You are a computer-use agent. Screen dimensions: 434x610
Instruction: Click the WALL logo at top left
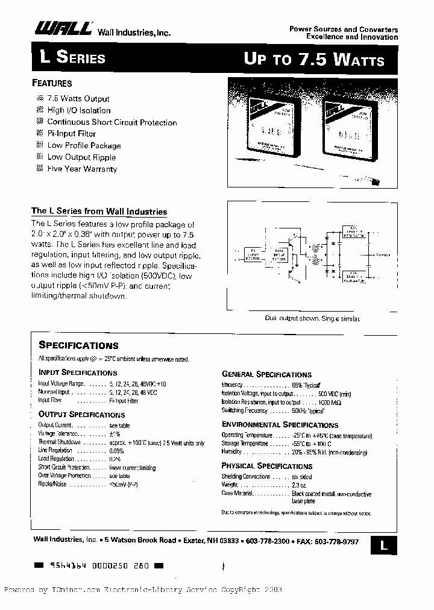pyautogui.click(x=61, y=28)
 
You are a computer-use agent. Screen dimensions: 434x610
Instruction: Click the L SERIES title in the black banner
pyautogui.click(x=72, y=58)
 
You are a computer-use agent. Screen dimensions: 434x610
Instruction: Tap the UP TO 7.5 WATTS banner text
pyautogui.click(x=313, y=59)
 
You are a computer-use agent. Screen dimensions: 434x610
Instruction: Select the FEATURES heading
pyautogui.click(x=51, y=84)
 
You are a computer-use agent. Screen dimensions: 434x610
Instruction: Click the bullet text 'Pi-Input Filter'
pyautogui.click(x=71, y=134)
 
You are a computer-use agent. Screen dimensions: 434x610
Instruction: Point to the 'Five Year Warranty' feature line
pyautogui.click(x=82, y=169)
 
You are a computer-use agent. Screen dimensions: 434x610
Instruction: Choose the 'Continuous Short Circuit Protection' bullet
pyautogui.click(x=112, y=122)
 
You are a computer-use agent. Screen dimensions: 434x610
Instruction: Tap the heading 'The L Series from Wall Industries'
pyautogui.click(x=99, y=212)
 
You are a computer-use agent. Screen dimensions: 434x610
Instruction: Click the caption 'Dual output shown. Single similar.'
pyautogui.click(x=312, y=318)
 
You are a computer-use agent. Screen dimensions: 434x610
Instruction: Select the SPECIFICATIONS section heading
pyautogui.click(x=78, y=345)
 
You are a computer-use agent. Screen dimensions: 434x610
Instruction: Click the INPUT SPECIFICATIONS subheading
pyautogui.click(x=78, y=373)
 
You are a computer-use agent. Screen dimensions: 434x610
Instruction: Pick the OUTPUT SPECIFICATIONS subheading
pyautogui.click(x=81, y=415)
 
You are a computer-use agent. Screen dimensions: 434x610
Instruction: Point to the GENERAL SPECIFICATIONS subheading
pyautogui.click(x=266, y=374)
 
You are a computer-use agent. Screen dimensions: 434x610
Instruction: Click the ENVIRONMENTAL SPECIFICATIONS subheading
pyautogui.click(x=280, y=425)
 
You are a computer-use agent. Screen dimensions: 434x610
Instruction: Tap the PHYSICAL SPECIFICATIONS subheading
pyautogui.click(x=266, y=466)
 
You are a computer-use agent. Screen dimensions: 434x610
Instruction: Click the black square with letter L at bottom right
pyautogui.click(x=383, y=545)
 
